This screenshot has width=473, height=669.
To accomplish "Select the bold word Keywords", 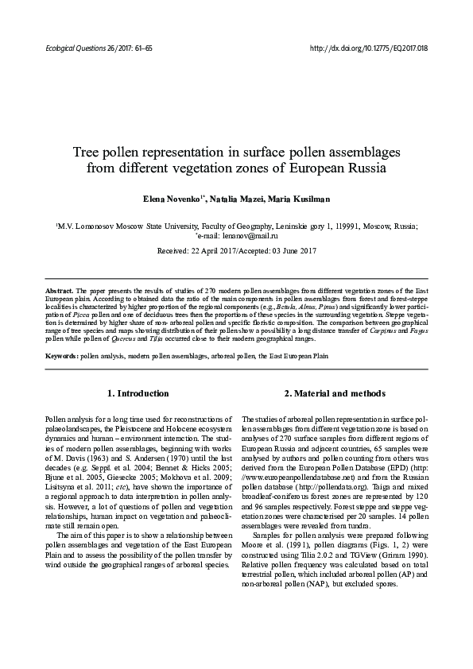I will point(61,356).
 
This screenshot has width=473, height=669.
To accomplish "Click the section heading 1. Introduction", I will point(138,393).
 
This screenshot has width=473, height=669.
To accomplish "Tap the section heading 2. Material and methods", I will point(335,393).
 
